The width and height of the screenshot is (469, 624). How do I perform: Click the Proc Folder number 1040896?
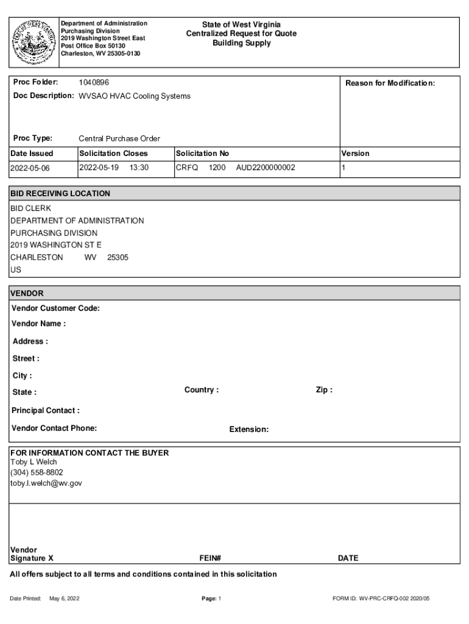pyautogui.click(x=94, y=82)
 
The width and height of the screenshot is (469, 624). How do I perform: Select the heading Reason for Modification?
pyautogui.click(x=390, y=83)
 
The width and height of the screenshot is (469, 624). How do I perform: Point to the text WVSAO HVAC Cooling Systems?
pyautogui.click(x=135, y=96)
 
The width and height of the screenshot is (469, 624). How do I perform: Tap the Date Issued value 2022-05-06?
pyautogui.click(x=30, y=168)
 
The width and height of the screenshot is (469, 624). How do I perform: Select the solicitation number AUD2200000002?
pyautogui.click(x=266, y=167)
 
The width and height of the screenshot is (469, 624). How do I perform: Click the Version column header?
pyautogui.click(x=355, y=154)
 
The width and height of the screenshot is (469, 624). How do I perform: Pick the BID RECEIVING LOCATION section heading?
pyautogui.click(x=60, y=193)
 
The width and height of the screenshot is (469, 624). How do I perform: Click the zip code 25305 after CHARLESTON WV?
pyautogui.click(x=118, y=257)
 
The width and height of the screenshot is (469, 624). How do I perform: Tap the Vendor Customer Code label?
pyautogui.click(x=56, y=308)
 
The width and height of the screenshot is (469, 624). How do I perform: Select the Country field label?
pyautogui.click(x=202, y=390)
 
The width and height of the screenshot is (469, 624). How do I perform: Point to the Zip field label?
pyautogui.click(x=324, y=390)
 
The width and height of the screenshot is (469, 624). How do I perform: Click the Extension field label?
pyautogui.click(x=249, y=430)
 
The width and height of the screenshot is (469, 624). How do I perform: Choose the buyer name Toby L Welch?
pyautogui.click(x=33, y=461)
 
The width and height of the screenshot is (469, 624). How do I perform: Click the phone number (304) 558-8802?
pyautogui.click(x=37, y=472)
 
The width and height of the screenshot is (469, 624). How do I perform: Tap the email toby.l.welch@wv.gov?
pyautogui.click(x=46, y=483)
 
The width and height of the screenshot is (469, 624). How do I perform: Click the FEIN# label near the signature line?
pyautogui.click(x=210, y=558)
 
